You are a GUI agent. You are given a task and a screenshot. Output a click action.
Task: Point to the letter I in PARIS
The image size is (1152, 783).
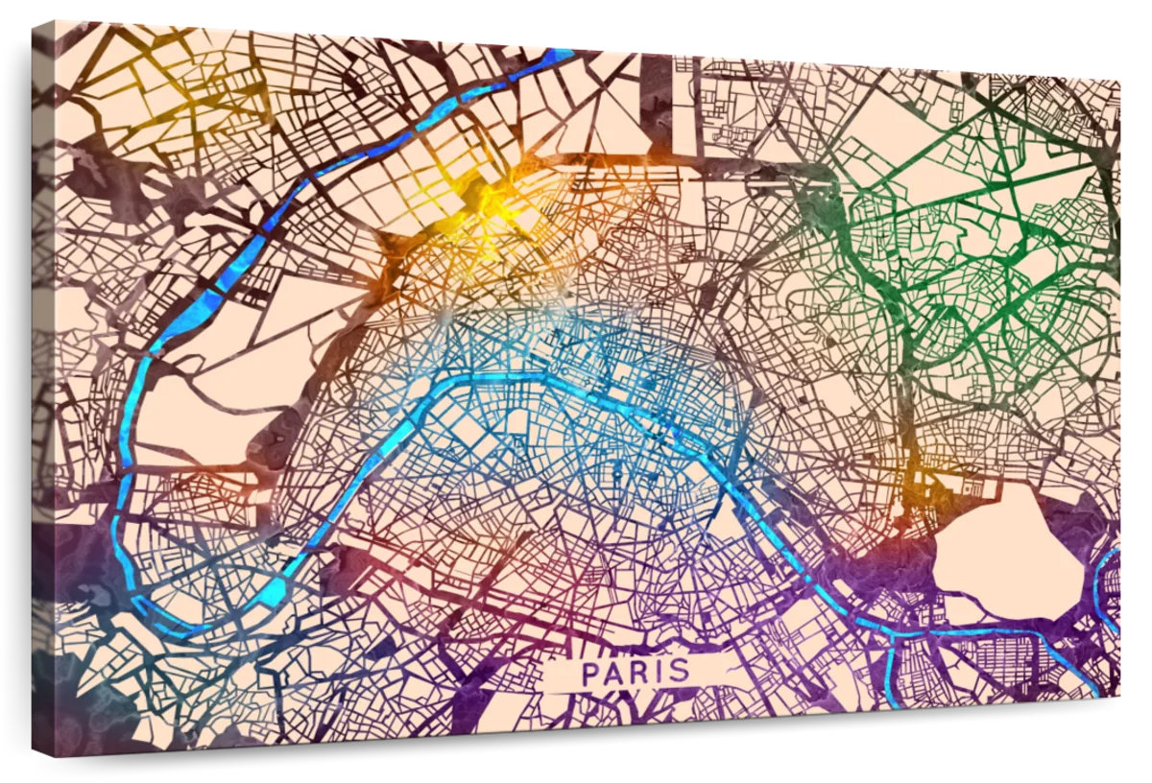click(661, 672)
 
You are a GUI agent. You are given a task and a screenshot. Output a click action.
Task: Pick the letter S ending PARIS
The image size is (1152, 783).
click(680, 671)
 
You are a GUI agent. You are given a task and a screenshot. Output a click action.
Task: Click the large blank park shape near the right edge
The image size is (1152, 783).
click(1008, 552)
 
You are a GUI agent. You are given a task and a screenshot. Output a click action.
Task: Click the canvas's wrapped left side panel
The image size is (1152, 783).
click(43, 384)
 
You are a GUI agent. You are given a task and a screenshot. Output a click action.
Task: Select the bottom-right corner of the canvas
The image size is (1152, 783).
click(1119, 698)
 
